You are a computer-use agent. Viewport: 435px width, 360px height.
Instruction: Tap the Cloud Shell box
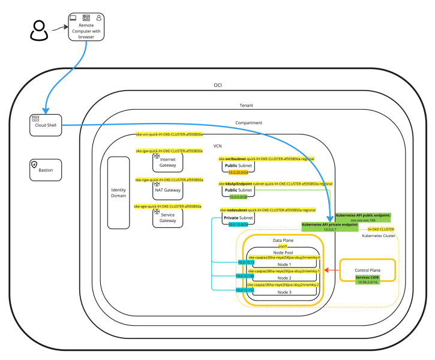click(46, 124)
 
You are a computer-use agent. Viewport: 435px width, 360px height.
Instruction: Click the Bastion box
click(46, 170)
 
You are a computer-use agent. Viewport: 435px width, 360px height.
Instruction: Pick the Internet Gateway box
click(167, 161)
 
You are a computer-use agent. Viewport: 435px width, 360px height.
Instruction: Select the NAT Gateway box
click(167, 190)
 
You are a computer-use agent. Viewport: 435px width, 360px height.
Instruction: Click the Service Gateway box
click(167, 217)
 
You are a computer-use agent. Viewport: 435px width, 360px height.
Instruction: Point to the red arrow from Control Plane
click(331, 271)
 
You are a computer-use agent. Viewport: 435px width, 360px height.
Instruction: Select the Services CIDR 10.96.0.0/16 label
click(367, 279)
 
